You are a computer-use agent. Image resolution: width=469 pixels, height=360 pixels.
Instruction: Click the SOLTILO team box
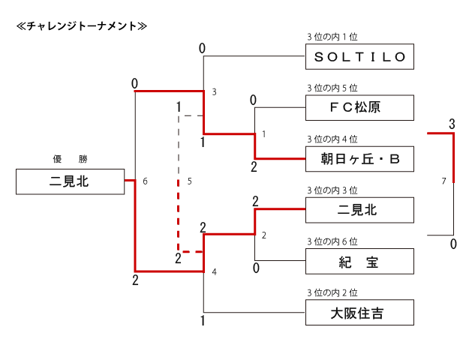tap(359, 56)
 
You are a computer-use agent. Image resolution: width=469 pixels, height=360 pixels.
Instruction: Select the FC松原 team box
tap(359, 107)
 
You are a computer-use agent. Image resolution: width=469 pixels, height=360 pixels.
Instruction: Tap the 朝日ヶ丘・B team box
tap(359, 158)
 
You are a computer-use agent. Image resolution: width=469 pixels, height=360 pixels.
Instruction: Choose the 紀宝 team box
tap(359, 261)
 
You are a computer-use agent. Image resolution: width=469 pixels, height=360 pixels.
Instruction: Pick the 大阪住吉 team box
tap(359, 312)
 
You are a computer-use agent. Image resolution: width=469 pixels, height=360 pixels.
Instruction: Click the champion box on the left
tap(70, 181)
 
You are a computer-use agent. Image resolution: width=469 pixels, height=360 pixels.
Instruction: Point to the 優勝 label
tap(69, 159)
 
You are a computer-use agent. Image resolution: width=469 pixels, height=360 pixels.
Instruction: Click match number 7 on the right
tap(444, 181)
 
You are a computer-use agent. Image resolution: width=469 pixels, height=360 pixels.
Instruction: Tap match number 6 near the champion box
tap(145, 181)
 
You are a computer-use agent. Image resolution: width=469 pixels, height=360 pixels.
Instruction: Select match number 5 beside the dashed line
tap(190, 181)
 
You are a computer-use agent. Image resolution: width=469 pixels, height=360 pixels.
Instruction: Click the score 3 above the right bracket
tap(452, 123)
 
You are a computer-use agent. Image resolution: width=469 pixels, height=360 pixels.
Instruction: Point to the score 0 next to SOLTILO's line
tap(202, 49)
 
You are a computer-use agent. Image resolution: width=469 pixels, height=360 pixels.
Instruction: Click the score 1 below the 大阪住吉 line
tap(203, 321)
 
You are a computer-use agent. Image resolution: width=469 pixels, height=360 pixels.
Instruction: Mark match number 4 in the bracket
tap(214, 271)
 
